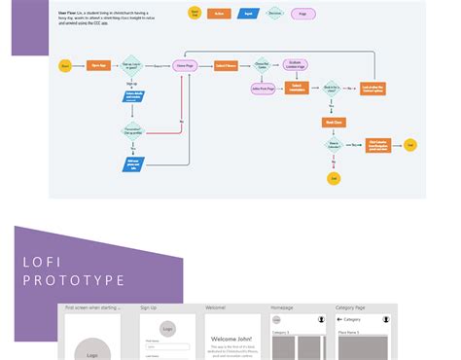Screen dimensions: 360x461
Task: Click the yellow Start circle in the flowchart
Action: point(65,65)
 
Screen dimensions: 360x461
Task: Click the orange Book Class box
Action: point(336,122)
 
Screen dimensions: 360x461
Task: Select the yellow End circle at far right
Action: point(410,145)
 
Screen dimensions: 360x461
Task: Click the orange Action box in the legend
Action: point(221,14)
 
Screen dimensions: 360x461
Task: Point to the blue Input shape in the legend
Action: point(247,14)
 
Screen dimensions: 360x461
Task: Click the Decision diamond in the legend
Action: point(274,14)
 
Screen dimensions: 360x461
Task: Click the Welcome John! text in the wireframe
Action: point(232,339)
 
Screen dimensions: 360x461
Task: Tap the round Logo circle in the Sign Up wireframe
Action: point(167,328)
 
